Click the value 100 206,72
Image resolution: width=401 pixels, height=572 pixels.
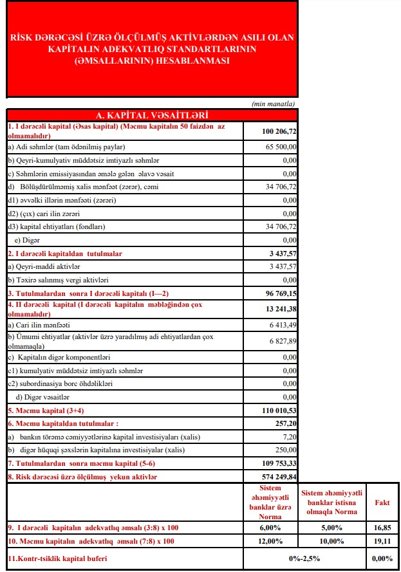279,131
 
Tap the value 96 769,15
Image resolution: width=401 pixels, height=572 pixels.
279,293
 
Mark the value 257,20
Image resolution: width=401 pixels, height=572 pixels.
284,423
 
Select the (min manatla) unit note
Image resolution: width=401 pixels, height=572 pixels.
274,104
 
